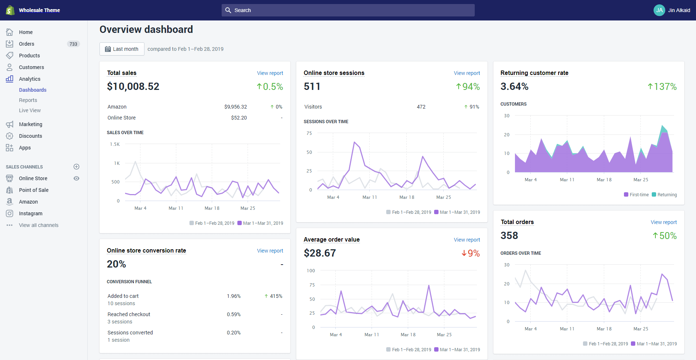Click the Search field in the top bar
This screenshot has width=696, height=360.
coord(347,10)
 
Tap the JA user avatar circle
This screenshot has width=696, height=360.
coord(659,10)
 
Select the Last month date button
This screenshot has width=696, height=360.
coord(122,49)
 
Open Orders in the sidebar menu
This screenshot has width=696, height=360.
coord(27,44)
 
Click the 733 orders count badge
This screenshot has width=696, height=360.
coord(73,44)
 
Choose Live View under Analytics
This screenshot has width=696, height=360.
coord(30,110)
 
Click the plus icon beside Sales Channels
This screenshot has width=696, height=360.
coord(76,167)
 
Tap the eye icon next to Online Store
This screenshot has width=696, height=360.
coord(76,178)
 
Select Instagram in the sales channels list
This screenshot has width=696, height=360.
coord(31,213)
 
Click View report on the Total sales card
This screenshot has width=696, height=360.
coord(270,73)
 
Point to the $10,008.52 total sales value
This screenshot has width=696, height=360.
coord(133,87)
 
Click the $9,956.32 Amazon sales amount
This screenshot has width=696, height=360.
coord(236,107)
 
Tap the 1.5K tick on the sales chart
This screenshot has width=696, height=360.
coord(115,144)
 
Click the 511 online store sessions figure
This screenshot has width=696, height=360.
coord(312,87)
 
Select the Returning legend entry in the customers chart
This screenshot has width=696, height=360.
coord(667,195)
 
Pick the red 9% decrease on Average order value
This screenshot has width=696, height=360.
coord(471,253)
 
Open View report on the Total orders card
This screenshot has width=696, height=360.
coord(663,222)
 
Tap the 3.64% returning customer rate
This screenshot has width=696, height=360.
coord(514,87)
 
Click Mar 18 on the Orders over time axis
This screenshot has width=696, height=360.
coord(604,329)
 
